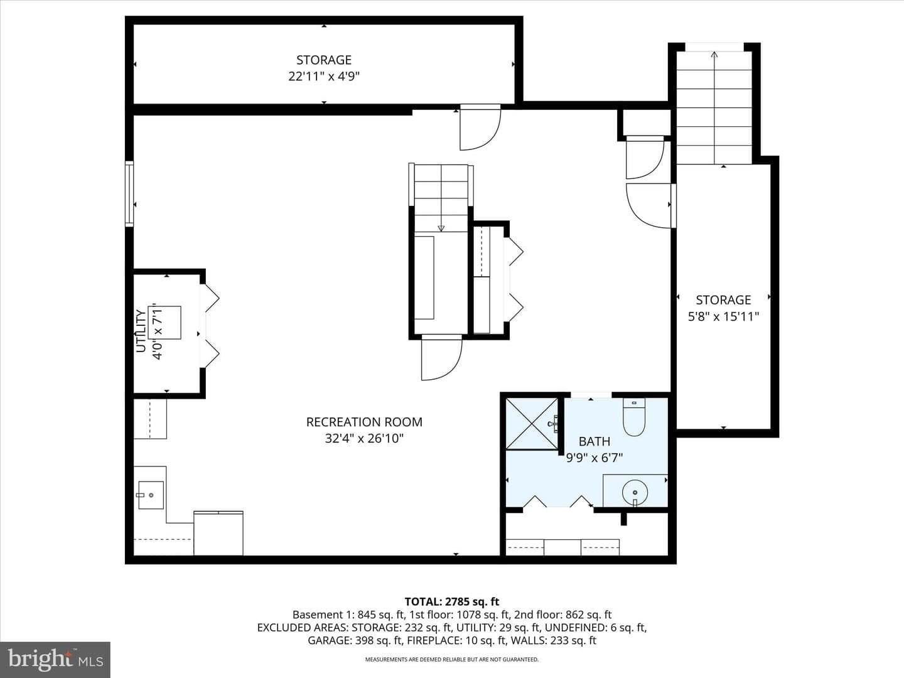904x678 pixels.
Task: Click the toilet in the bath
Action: point(634,417)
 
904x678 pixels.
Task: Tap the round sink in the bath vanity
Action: point(635,492)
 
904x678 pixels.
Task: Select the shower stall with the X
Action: point(532,424)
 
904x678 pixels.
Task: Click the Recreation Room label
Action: point(364,422)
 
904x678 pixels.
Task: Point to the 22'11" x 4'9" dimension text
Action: point(324,77)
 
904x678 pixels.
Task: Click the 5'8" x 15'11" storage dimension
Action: point(724,316)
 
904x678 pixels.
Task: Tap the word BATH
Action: point(595,441)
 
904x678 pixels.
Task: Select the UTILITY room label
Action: point(141,331)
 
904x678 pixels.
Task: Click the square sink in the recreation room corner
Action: point(151,495)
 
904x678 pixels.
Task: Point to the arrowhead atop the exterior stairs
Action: point(714,55)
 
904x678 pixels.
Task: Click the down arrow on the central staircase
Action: point(441,228)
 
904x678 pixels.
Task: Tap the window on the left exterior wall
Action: point(129,193)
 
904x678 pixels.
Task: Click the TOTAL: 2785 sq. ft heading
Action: point(452,602)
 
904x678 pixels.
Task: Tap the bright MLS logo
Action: point(55,659)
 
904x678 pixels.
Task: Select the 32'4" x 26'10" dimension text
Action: point(364,438)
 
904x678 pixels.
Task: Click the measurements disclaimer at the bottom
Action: point(452,659)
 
